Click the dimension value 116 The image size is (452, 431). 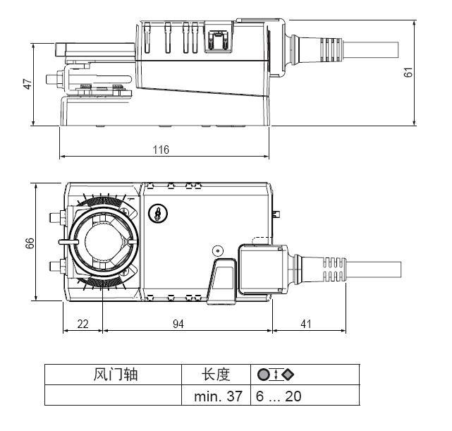tap(164, 150)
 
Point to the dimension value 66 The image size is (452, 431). tap(28, 242)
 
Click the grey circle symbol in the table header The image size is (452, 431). tap(262, 375)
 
